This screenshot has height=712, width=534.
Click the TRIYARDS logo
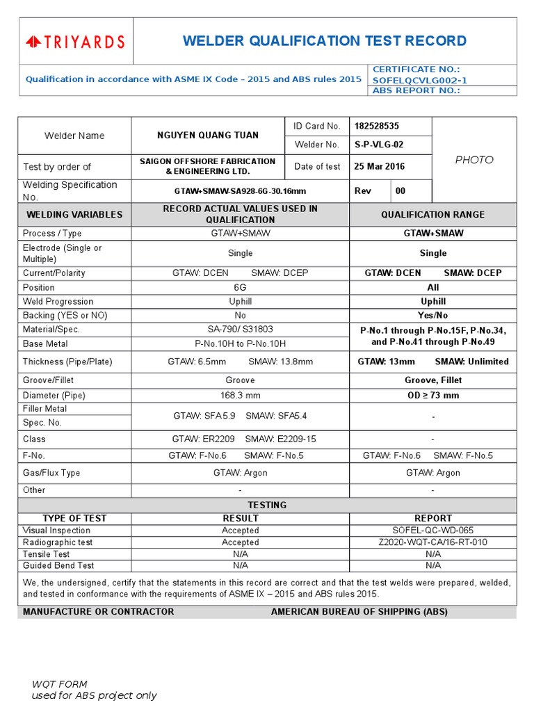[75, 42]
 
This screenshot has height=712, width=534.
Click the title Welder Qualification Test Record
[324, 41]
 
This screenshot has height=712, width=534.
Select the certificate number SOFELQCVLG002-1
[420, 80]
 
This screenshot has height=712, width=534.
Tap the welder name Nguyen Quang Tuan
[207, 136]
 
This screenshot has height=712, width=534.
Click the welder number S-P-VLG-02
[378, 145]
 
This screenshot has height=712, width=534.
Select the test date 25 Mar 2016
[380, 166]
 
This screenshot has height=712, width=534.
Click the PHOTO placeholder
[474, 160]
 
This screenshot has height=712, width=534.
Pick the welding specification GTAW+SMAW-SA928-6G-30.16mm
[240, 191]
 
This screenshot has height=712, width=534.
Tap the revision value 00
[400, 191]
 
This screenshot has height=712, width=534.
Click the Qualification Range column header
[432, 214]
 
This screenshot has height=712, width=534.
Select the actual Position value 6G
[240, 287]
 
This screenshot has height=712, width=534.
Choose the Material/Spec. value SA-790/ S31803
[240, 329]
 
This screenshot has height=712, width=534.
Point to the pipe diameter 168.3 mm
[240, 395]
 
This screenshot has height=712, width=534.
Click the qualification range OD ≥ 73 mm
[432, 395]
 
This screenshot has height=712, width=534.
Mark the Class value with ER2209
[240, 439]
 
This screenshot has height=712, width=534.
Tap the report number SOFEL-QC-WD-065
[432, 531]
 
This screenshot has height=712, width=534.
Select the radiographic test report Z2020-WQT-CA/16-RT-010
[432, 542]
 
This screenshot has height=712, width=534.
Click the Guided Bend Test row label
[58, 565]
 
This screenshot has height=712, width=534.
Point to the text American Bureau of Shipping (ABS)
[359, 612]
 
